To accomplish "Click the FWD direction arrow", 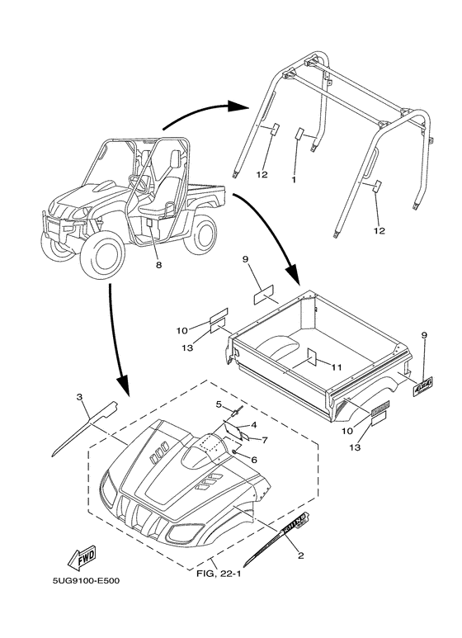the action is pyautogui.click(x=82, y=557).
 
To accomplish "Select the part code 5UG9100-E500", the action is pyautogui.click(x=86, y=580).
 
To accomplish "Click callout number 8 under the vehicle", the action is pyautogui.click(x=158, y=265).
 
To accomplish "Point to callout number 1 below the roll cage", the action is pyautogui.click(x=294, y=178).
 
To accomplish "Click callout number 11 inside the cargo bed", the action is pyautogui.click(x=336, y=367).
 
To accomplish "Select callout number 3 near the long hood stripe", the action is pyautogui.click(x=80, y=396).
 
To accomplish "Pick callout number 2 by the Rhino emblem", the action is pyautogui.click(x=300, y=555).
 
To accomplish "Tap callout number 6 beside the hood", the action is pyautogui.click(x=254, y=460).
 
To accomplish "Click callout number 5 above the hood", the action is pyautogui.click(x=219, y=404).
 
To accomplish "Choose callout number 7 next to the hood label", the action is pyautogui.click(x=265, y=440).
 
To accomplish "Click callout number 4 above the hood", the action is pyautogui.click(x=254, y=425).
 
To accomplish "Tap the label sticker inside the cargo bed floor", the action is pyautogui.click(x=312, y=357).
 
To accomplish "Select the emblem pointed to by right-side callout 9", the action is pyautogui.click(x=423, y=386).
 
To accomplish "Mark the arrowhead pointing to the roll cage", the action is pyautogui.click(x=238, y=106).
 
